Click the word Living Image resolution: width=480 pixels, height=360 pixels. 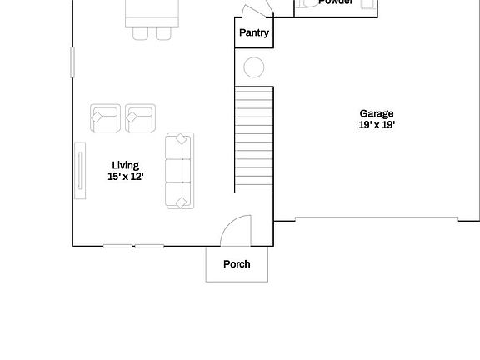[x=126, y=165]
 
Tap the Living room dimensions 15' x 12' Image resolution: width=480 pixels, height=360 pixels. [x=126, y=177]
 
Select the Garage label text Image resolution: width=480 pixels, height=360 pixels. [x=377, y=113]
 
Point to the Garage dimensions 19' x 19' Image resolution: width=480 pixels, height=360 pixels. [x=377, y=125]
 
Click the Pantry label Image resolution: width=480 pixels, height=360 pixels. [x=253, y=33]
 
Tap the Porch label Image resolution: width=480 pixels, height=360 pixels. [x=237, y=264]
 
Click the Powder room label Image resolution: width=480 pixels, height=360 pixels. [x=336, y=2]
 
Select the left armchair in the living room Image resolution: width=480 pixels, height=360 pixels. [x=105, y=118]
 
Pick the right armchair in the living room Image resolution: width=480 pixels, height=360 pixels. [x=140, y=118]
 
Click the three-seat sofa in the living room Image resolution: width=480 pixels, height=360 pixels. [x=179, y=170]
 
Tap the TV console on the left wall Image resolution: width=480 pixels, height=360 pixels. [x=80, y=171]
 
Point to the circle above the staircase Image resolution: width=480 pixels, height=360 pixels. [x=254, y=67]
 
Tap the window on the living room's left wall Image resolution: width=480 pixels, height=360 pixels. [x=72, y=62]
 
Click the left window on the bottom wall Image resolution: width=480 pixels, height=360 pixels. [x=117, y=246]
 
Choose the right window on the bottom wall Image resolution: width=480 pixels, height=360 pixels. [x=150, y=246]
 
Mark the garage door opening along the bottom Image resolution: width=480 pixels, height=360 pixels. [x=376, y=220]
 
